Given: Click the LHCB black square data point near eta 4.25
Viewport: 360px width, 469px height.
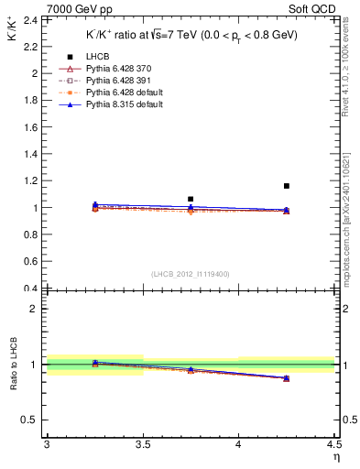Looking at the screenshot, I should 287,186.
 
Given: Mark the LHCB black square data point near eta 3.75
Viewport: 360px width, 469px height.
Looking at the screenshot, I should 191,199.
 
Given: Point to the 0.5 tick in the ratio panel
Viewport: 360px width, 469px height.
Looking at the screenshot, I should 31,420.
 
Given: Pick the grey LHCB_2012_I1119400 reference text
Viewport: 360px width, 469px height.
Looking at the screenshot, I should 190,274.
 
